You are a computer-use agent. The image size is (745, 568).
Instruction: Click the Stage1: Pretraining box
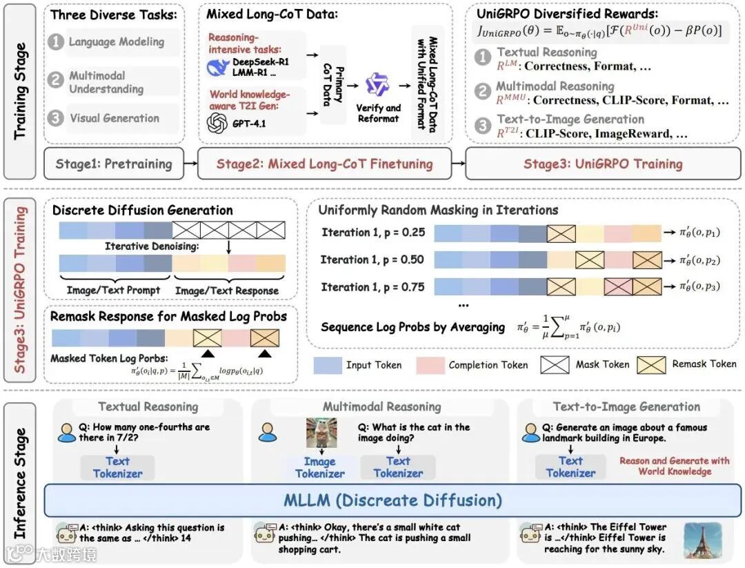(x=114, y=164)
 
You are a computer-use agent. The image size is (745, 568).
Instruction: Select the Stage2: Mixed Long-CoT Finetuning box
(x=324, y=164)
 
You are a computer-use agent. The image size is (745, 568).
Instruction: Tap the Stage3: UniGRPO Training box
(x=602, y=164)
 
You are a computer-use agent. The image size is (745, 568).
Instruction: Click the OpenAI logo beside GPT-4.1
(x=217, y=123)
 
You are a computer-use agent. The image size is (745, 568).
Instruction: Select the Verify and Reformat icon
(x=377, y=86)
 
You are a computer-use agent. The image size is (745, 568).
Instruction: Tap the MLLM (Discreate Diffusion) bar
(x=393, y=500)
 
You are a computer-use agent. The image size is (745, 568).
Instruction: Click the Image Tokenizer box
(x=320, y=467)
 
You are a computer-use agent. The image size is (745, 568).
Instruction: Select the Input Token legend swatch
(x=328, y=365)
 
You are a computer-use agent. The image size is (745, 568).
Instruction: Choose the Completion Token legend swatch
(x=430, y=365)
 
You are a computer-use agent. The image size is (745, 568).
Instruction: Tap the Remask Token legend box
(x=650, y=364)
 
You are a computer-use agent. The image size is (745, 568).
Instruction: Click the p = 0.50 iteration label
(x=372, y=259)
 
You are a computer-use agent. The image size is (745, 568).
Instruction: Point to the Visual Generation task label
(x=114, y=118)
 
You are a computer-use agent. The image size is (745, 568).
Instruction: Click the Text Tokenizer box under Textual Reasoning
(x=117, y=467)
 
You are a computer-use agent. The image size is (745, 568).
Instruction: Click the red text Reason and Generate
(x=675, y=460)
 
